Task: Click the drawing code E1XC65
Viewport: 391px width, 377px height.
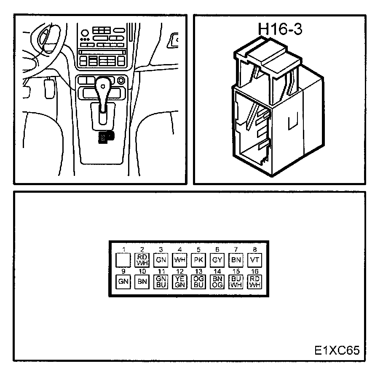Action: (x=337, y=350)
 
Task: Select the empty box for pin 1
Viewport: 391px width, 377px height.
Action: (x=123, y=259)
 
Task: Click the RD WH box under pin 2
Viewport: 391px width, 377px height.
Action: (x=142, y=259)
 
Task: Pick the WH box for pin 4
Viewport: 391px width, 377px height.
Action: (x=180, y=259)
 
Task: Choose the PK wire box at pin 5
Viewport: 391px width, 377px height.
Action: (x=198, y=259)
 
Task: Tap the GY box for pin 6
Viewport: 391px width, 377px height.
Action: (x=217, y=259)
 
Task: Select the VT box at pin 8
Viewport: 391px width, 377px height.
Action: (x=254, y=259)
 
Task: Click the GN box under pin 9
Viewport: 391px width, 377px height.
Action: (x=123, y=282)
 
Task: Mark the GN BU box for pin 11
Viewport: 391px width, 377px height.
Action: (x=161, y=282)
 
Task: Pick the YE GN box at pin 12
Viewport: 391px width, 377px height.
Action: (x=180, y=282)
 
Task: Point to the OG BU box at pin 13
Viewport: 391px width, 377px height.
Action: (x=198, y=282)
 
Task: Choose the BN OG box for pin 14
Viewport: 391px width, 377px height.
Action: (x=217, y=282)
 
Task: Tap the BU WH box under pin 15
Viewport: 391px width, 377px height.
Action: (x=236, y=282)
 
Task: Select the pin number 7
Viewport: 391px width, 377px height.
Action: (x=236, y=250)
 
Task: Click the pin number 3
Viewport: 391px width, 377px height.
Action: (x=161, y=250)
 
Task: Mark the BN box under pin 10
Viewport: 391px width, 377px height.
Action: (x=142, y=282)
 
